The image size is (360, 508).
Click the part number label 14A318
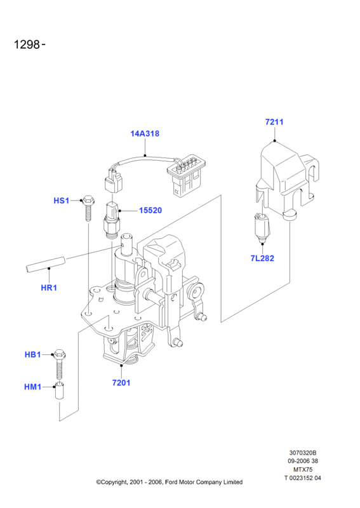[x=145, y=133]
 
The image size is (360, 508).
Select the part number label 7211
[x=274, y=122]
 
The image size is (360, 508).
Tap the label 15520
[x=150, y=210]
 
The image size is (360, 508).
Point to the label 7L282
[x=262, y=258]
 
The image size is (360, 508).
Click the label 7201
[x=121, y=383]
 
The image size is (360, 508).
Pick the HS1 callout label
[x=61, y=201]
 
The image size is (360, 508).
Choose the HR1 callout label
[x=49, y=288]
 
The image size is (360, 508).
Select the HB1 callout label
[x=33, y=355]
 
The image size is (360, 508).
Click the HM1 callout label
[x=33, y=387]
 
